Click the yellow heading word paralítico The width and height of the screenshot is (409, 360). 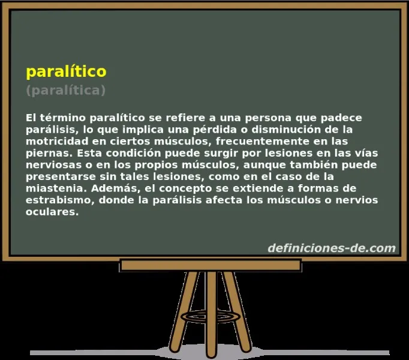[x=66, y=71]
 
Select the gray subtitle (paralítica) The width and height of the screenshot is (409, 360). [x=66, y=90]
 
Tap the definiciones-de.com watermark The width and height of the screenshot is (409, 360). [x=331, y=248]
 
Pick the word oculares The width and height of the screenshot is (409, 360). [x=52, y=212]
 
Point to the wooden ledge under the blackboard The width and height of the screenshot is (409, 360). [x=210, y=265]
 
